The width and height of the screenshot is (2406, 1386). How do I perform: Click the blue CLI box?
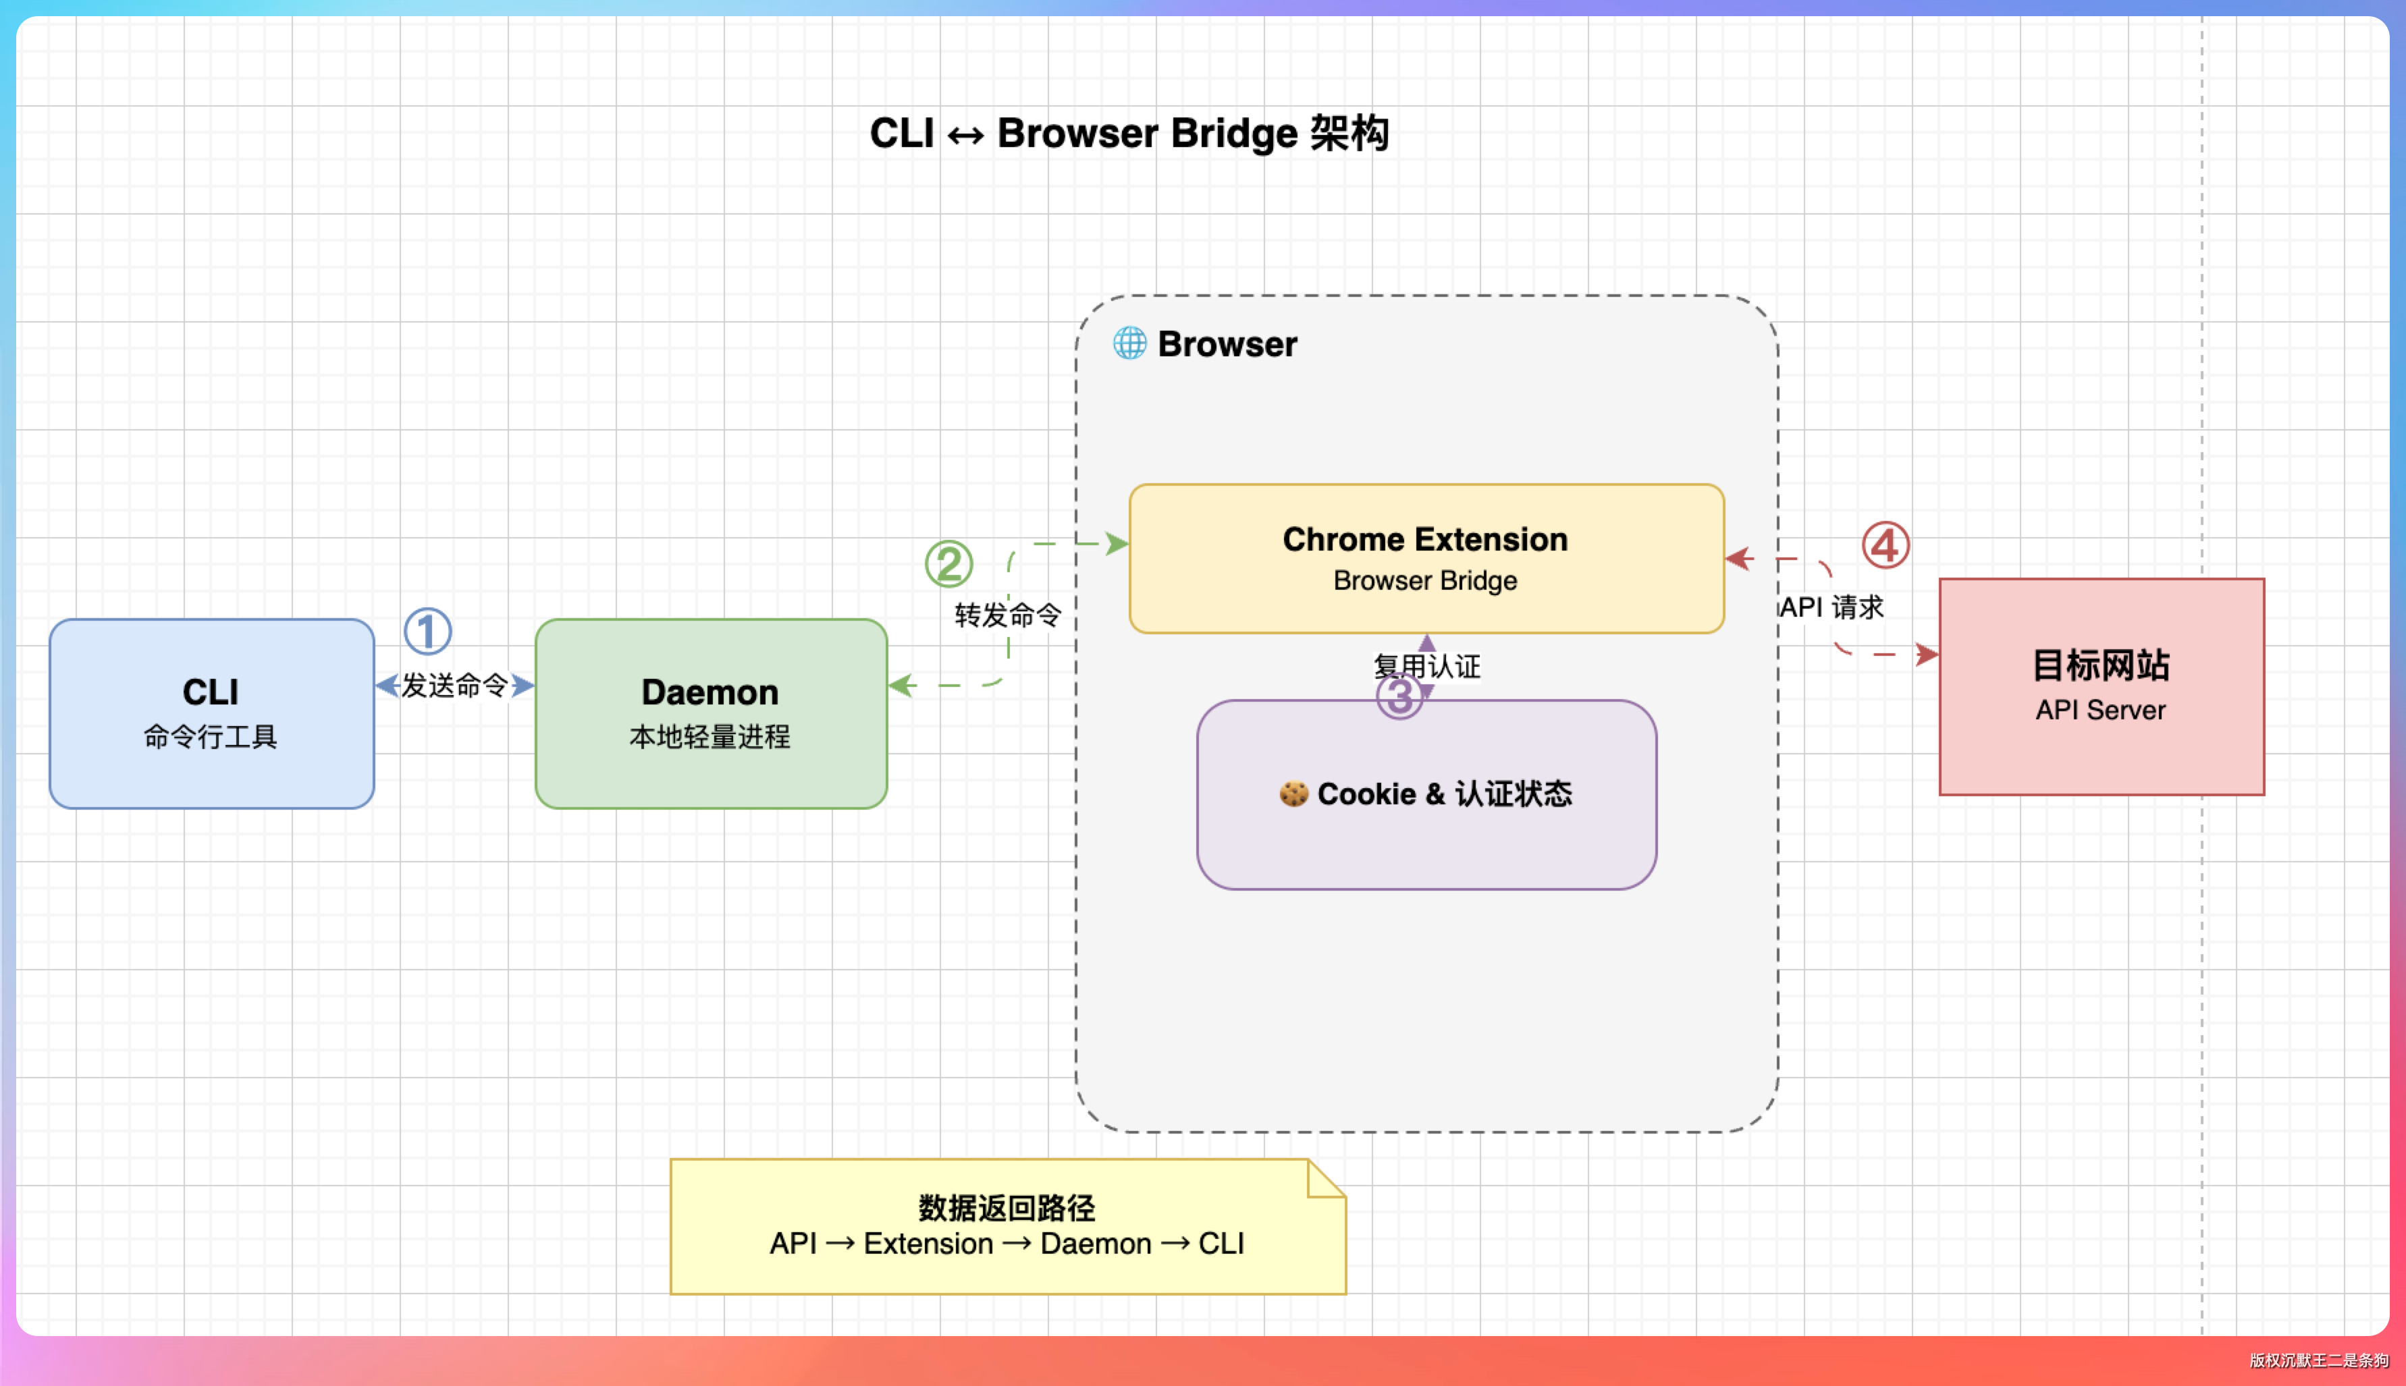coord(211,713)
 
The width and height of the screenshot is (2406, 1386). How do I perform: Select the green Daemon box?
coord(710,713)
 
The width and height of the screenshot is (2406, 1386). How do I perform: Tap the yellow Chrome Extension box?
coord(1425,558)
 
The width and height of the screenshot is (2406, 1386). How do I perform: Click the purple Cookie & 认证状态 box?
coord(1425,794)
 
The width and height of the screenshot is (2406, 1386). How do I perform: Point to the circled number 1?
coord(427,631)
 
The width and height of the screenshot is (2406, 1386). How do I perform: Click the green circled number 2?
coord(948,563)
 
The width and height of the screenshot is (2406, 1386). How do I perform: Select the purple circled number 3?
coord(1399,696)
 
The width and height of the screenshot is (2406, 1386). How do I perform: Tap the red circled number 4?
coord(1886,545)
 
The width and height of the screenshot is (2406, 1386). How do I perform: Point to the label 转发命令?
coord(1007,615)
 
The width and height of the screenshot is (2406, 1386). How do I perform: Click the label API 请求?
coord(1832,607)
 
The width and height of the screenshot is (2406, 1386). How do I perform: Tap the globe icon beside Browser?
coord(1129,343)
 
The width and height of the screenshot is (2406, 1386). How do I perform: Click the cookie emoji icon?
coord(1293,794)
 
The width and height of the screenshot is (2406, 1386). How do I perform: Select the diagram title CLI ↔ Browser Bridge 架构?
coord(1129,134)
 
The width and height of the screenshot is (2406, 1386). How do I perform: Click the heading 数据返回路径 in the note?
coord(1007,1208)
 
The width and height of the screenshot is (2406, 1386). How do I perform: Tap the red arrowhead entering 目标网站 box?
coord(1927,654)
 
